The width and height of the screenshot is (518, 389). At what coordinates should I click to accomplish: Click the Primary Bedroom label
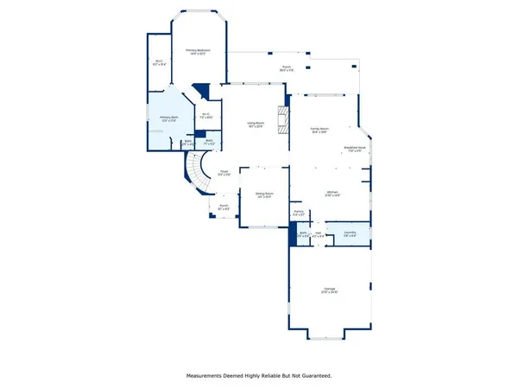[x=199, y=52]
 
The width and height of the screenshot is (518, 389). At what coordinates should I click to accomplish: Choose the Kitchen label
[x=332, y=194]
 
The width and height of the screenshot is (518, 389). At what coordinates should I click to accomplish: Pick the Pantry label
[x=298, y=212]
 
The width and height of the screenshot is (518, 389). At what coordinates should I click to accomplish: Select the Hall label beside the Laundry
[x=319, y=233]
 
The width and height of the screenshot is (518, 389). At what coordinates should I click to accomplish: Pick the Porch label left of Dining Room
[x=223, y=207]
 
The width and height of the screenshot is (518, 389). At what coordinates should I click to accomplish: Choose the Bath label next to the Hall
[x=304, y=233]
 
